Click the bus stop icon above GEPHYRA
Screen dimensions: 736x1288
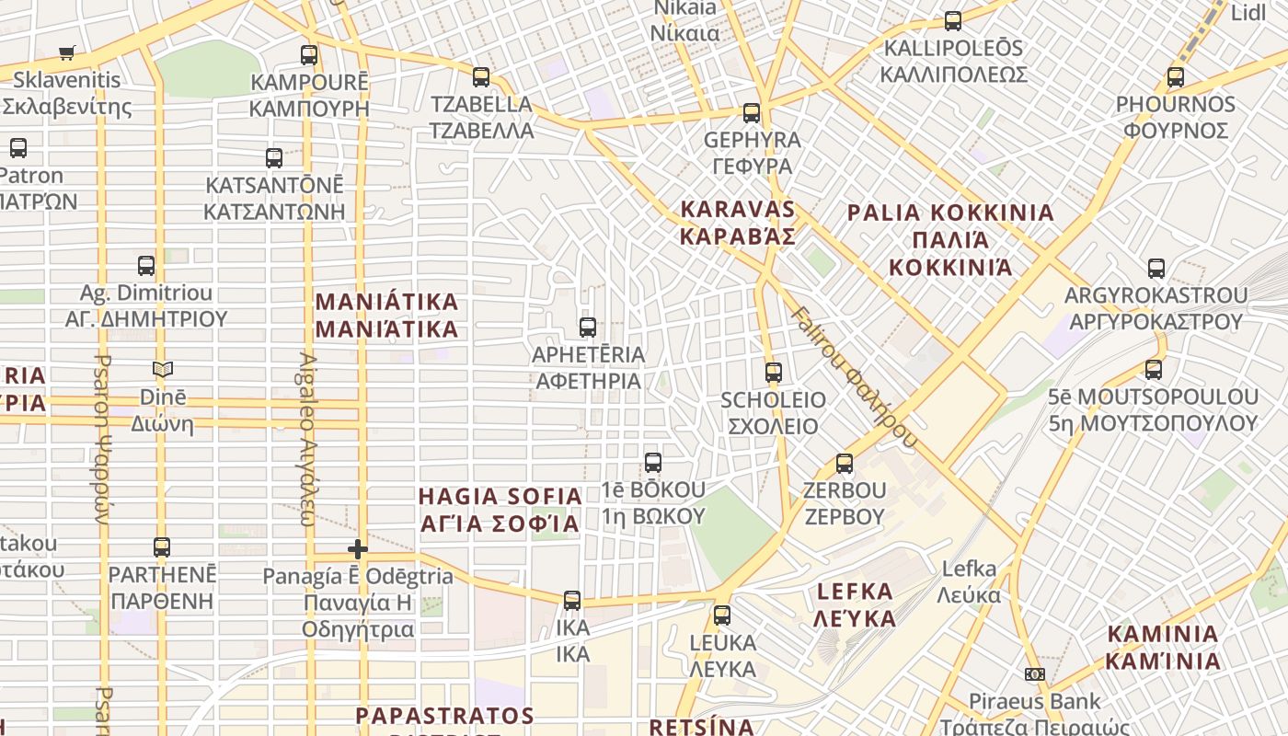click(x=752, y=113)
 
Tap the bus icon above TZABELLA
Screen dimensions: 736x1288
click(x=481, y=77)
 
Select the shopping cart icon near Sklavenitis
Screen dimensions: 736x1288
click(x=66, y=52)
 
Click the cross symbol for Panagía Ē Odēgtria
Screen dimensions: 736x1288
click(x=358, y=549)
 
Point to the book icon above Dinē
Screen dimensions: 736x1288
click(x=163, y=370)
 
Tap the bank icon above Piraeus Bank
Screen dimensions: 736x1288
click(x=1035, y=674)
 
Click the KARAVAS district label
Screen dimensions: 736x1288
click(x=738, y=222)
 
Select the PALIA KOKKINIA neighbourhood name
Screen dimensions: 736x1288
click(x=950, y=239)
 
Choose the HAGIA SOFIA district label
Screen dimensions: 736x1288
click(x=500, y=510)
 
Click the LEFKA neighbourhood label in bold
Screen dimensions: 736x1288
click(x=854, y=604)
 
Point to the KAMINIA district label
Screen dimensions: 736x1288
click(x=1163, y=647)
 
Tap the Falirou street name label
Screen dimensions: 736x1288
click(x=855, y=377)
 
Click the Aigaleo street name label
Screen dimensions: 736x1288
click(x=307, y=437)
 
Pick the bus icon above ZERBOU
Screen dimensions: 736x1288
click(x=845, y=464)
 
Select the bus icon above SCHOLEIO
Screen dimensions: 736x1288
click(x=774, y=373)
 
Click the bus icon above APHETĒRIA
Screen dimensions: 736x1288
click(x=588, y=327)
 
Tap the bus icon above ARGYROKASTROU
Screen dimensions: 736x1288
click(x=1156, y=269)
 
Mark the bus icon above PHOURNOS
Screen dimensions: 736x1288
click(x=1176, y=77)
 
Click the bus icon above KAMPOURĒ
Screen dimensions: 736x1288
click(x=309, y=55)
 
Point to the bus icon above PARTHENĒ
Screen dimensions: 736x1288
click(x=162, y=547)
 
